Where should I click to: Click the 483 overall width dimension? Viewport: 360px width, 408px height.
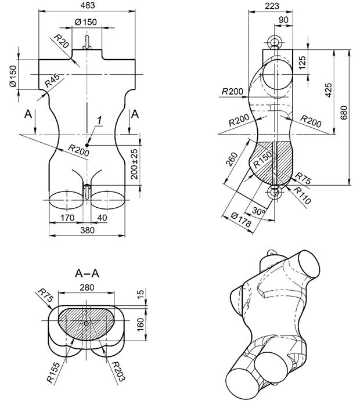tap(88, 5)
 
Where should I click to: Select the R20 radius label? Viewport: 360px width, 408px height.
tap(61, 41)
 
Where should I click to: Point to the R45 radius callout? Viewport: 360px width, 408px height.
tap(52, 81)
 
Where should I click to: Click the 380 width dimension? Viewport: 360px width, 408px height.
tap(88, 230)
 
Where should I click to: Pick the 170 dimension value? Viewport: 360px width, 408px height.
tap(67, 218)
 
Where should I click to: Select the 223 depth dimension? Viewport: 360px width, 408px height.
tap(272, 6)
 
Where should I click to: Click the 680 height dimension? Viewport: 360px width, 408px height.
tap(344, 113)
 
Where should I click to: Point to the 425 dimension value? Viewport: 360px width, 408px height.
tap(329, 90)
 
